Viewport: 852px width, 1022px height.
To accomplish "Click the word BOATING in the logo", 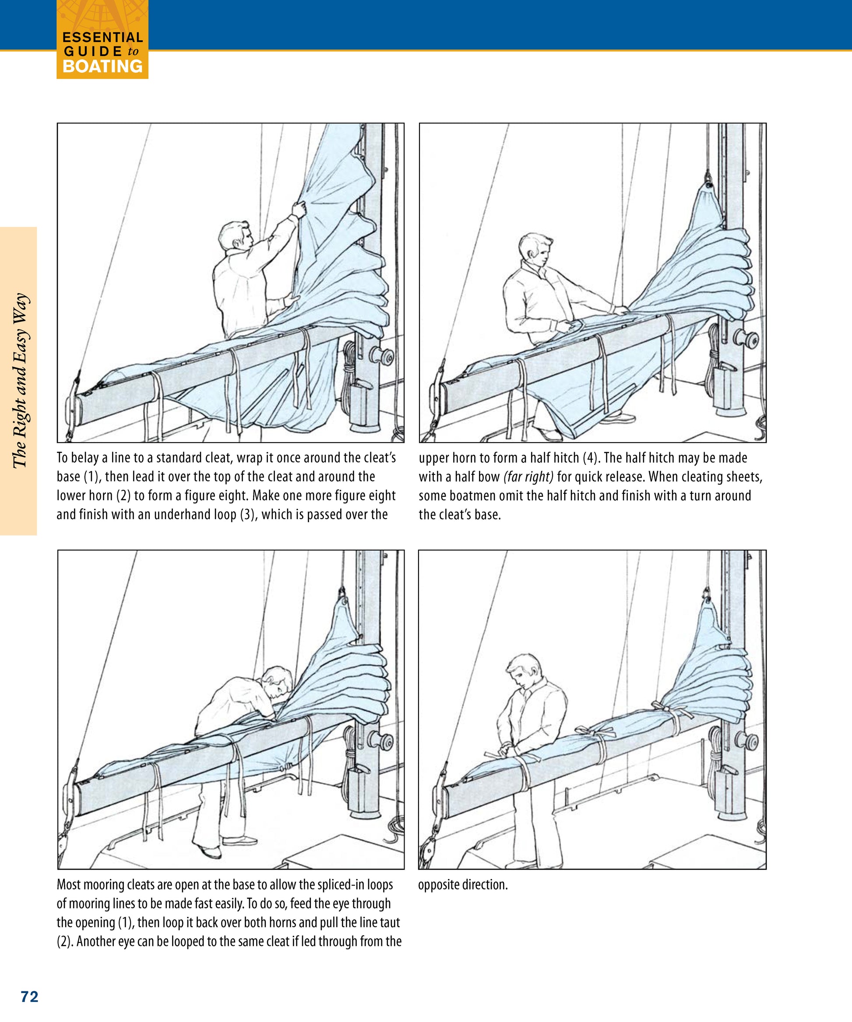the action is point(103,66).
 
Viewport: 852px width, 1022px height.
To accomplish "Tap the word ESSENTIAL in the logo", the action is point(103,38).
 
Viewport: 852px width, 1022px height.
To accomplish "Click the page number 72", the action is point(30,997).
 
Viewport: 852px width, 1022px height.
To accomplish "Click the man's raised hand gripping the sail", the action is point(299,209).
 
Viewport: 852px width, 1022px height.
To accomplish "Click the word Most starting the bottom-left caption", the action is point(69,885).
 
